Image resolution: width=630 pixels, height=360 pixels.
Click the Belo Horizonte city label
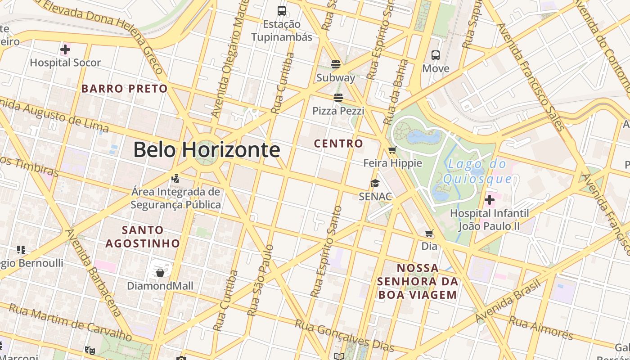(x=207, y=150)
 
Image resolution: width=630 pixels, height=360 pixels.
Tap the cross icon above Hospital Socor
(x=65, y=49)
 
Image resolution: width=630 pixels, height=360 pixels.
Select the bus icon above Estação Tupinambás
(x=282, y=10)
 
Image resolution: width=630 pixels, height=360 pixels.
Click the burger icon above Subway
(x=336, y=64)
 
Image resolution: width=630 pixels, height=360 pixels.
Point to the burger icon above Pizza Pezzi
(x=338, y=97)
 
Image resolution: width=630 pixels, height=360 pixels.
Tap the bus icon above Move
(x=436, y=55)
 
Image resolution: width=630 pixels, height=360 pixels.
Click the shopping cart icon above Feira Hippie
(x=392, y=150)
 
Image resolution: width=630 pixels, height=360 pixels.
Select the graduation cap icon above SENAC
(x=375, y=183)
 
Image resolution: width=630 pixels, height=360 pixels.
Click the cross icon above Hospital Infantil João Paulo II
(x=490, y=199)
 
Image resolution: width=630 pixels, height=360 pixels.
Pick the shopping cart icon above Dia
(x=429, y=233)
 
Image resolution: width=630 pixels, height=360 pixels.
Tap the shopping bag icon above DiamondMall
(x=160, y=272)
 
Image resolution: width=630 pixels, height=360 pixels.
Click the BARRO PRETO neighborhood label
(x=125, y=89)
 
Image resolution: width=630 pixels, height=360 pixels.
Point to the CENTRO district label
(x=338, y=144)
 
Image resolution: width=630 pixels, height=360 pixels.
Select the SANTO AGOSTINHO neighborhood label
(x=143, y=237)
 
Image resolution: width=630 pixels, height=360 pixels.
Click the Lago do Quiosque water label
(x=477, y=171)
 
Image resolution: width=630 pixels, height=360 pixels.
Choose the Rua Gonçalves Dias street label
(x=344, y=336)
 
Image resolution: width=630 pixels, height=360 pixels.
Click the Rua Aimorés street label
(x=541, y=328)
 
